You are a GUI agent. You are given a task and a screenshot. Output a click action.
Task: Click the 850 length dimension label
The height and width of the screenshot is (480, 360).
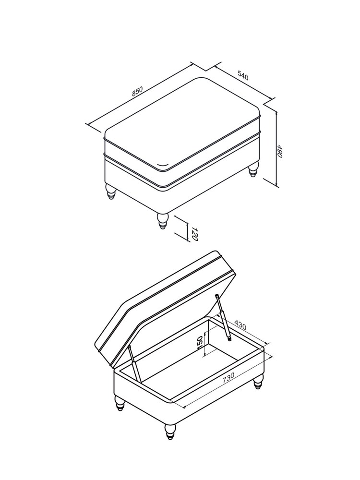(x=137, y=91)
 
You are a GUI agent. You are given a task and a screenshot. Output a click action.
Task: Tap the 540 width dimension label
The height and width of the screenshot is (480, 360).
(x=243, y=75)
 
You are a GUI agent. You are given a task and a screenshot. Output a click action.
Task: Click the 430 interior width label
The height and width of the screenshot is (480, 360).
(x=240, y=325)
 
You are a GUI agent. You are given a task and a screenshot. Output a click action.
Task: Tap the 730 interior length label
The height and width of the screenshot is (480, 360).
(x=228, y=378)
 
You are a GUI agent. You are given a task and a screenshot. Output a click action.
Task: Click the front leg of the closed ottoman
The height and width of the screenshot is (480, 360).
(x=163, y=221)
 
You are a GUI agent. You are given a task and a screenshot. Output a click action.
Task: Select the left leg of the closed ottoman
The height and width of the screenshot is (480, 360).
(x=111, y=192)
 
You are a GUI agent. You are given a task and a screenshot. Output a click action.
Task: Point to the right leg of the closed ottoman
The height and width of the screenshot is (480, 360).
(x=253, y=169)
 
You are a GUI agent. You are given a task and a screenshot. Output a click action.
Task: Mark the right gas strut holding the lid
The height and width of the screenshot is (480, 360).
(x=223, y=317)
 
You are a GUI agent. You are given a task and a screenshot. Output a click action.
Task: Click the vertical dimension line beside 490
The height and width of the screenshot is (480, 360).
(x=277, y=149)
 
